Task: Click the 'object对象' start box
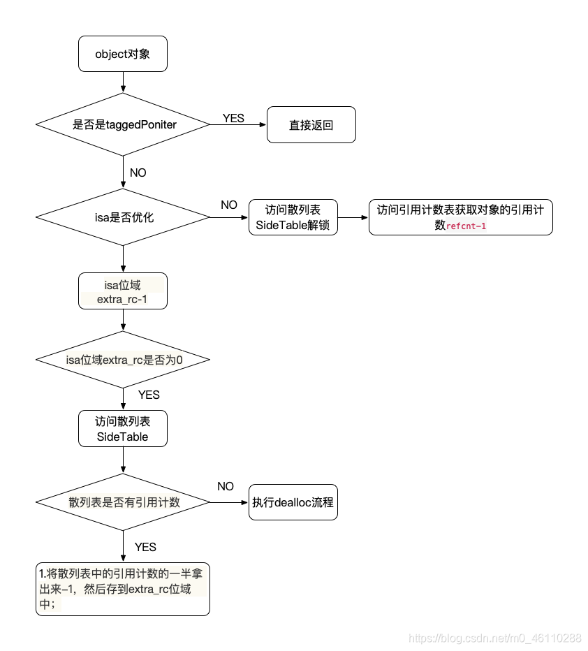tap(123, 54)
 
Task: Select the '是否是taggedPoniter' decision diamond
tap(123, 124)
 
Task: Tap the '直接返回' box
tap(311, 125)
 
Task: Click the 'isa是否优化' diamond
tap(123, 217)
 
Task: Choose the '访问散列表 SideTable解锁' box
tap(293, 217)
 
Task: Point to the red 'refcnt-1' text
tap(466, 226)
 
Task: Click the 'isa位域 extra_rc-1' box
tap(123, 291)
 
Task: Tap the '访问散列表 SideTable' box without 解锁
tap(123, 428)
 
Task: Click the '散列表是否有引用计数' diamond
tap(123, 502)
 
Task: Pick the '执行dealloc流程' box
tap(293, 502)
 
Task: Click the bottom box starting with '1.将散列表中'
tap(123, 588)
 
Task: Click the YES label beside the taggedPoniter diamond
tap(233, 118)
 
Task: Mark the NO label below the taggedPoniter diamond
tap(138, 173)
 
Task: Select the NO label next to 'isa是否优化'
tap(229, 205)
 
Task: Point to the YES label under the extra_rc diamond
tap(148, 395)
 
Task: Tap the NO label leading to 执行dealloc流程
tap(226, 486)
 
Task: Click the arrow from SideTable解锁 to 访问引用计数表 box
tap(353, 217)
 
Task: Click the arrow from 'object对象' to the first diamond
tap(123, 82)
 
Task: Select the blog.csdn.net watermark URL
tap(494, 638)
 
